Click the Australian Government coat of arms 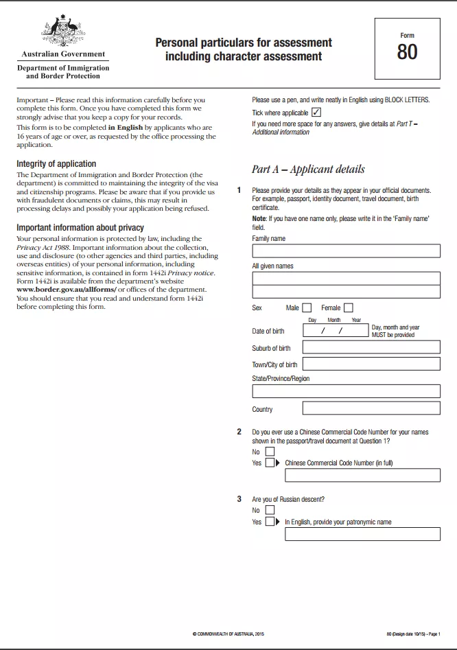click(x=63, y=31)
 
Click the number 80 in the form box click(x=407, y=52)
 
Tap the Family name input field click(x=346, y=251)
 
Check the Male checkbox click(x=307, y=308)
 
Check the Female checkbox click(x=349, y=308)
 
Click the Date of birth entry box click(x=336, y=331)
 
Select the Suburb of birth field click(x=371, y=347)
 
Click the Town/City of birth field click(x=371, y=364)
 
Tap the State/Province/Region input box click(x=346, y=391)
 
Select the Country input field click(x=371, y=408)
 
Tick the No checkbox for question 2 click(x=270, y=452)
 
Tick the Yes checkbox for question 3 click(x=270, y=522)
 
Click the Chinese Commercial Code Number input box click(x=362, y=475)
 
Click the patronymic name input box click(x=362, y=534)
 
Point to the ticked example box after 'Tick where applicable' click(x=316, y=113)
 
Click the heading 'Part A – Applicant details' click(x=308, y=169)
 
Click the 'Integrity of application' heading click(x=56, y=164)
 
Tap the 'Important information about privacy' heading click(x=80, y=227)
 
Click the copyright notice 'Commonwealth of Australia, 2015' click(x=228, y=634)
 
